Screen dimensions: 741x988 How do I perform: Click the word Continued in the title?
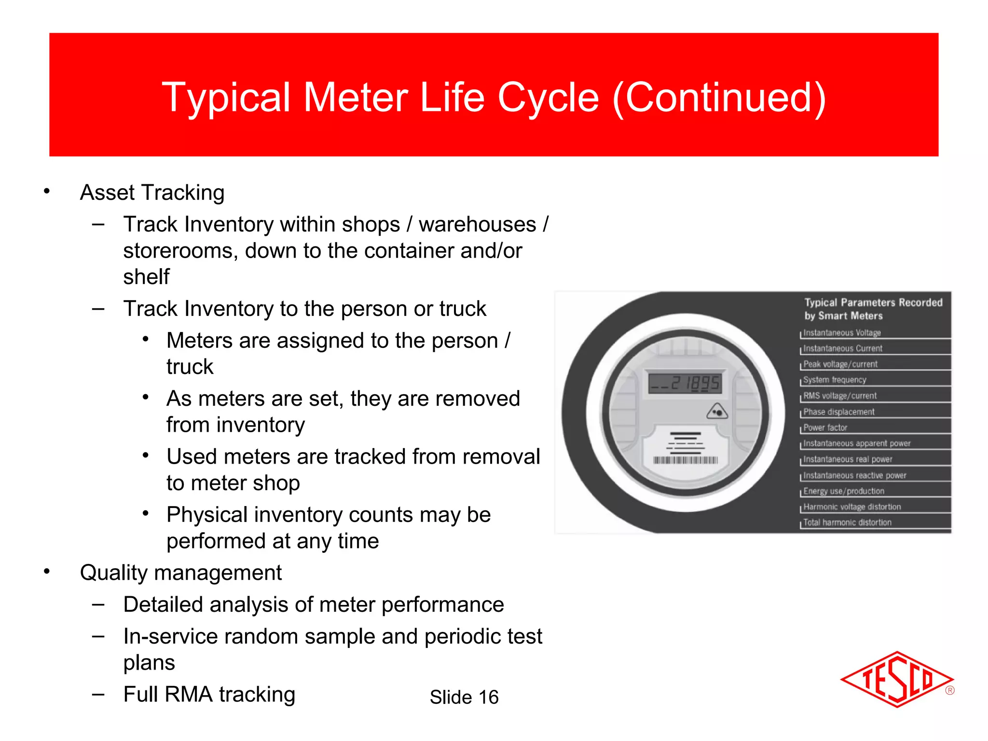point(719,97)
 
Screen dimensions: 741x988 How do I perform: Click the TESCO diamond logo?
point(896,679)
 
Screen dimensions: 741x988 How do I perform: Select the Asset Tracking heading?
point(152,192)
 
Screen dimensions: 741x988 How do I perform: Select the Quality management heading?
point(180,573)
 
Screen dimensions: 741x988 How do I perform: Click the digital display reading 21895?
point(685,384)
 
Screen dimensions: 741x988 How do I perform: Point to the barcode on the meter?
point(686,460)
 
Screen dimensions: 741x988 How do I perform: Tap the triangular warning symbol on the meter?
point(717,412)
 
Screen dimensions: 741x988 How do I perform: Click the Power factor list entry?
point(825,427)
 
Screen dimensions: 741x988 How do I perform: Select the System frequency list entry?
point(835,380)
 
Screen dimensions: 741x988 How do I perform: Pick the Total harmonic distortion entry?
point(847,522)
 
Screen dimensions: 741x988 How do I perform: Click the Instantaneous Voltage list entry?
point(842,332)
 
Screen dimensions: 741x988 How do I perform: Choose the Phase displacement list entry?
point(838,412)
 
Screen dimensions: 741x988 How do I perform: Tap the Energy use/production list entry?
point(843,491)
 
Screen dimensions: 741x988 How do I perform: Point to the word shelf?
point(146,277)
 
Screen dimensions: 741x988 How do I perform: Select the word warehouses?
point(477,224)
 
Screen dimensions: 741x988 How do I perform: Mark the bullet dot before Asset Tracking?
point(47,192)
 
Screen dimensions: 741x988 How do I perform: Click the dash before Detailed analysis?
point(98,604)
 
